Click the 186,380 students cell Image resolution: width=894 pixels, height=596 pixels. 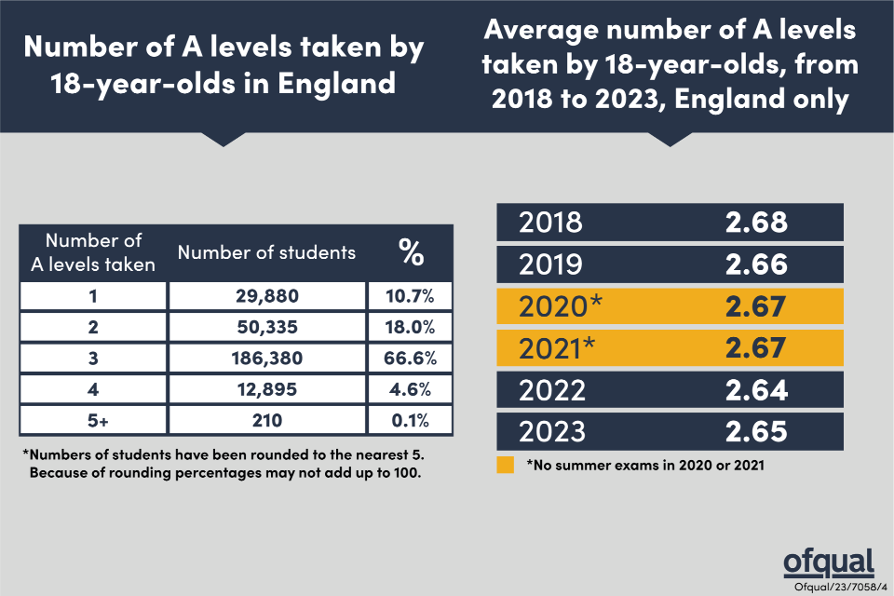(x=266, y=358)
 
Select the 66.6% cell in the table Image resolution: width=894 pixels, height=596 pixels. (x=410, y=358)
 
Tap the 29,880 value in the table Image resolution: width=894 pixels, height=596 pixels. (x=266, y=295)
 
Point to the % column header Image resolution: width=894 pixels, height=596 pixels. (x=410, y=251)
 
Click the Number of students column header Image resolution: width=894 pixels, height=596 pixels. (x=266, y=251)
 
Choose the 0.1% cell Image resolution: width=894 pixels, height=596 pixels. (x=410, y=420)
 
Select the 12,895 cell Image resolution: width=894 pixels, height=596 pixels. (x=266, y=389)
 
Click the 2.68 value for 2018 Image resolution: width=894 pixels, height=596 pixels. (x=756, y=223)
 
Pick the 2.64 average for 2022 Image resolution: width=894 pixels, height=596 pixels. (x=756, y=389)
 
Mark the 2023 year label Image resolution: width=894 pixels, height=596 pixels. (x=551, y=431)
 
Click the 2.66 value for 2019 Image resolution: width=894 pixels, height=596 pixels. (x=756, y=264)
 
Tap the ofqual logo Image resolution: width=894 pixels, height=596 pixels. (x=828, y=562)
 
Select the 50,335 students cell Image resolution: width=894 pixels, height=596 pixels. (x=266, y=327)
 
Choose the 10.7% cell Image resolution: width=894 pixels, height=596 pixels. (x=410, y=295)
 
